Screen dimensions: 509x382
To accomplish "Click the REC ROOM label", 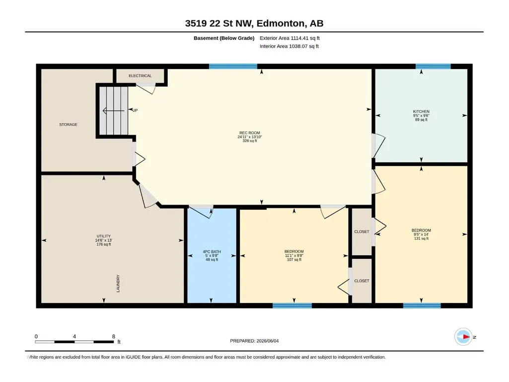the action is coord(250,133).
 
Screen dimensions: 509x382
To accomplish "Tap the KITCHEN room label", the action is coord(421,111).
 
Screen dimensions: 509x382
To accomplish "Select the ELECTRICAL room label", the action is coord(140,76).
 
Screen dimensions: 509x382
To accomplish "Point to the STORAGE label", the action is coord(68,124).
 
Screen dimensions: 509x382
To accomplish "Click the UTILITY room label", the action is coord(104,236).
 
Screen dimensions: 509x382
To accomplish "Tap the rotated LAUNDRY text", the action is coord(118,283).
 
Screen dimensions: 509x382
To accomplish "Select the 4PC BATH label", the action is coord(212,251).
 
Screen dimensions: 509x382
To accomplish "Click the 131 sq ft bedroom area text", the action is coord(421,238).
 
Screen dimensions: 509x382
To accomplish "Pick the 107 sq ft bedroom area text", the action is coord(294,259).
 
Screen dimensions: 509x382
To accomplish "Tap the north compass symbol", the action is coord(463,337).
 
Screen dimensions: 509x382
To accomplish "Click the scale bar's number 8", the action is coord(114,336).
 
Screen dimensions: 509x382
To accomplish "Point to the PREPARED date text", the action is coord(254,341).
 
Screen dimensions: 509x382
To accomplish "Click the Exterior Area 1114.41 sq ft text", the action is coord(290,38).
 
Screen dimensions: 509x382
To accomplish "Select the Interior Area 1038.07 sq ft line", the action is coord(289,46).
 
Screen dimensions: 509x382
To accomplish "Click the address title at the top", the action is coord(254,23).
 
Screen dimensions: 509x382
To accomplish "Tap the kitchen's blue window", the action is coord(433,67).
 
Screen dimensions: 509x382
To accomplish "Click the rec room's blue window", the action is coord(233,67).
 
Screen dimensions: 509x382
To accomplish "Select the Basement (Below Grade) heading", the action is coord(224,38).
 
